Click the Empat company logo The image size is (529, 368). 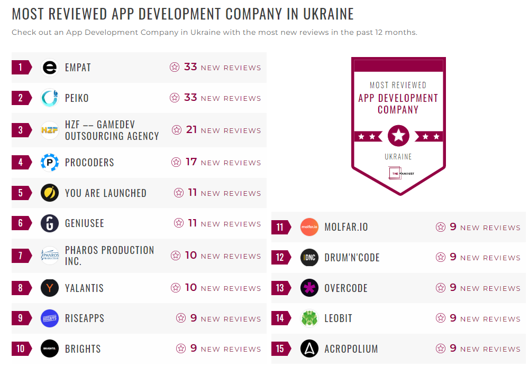50,68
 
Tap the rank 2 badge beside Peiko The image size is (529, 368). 21,98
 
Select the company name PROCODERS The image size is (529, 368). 89,162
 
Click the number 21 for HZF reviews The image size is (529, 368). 191,130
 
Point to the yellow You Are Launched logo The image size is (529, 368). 50,193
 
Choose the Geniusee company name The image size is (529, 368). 85,223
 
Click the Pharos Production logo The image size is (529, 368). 50,256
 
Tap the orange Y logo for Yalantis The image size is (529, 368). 50,288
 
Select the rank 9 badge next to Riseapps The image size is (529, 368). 21,318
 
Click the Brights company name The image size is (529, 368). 83,349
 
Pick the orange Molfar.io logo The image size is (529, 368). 309,227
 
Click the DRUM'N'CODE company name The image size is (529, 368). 352,258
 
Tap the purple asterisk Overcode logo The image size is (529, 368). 309,288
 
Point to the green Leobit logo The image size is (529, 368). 309,318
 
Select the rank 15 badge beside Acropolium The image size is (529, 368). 280,349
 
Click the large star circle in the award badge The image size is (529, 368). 398,136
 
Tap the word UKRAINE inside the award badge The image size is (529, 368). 398,157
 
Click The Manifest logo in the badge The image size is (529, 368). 398,172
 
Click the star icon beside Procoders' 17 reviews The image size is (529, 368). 176,162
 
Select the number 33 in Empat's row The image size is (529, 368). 190,67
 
